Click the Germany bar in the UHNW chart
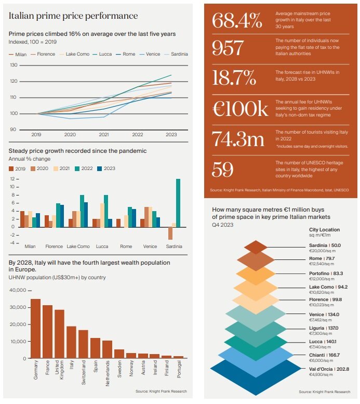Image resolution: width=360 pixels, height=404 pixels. coord(35,329)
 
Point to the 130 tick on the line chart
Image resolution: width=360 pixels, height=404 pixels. coord(14,65)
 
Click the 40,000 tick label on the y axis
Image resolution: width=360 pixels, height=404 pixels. coord(17,290)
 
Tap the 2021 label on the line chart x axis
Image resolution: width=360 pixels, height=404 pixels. coord(103,134)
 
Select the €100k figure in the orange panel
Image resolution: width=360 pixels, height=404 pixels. coord(240,109)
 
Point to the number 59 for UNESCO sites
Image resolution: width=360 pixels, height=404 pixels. coord(223,170)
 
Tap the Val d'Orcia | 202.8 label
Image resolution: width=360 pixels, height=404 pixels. coord(328,369)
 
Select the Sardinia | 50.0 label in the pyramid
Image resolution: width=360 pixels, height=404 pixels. coord(325,245)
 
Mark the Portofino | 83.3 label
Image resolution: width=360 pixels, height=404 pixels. coord(326,273)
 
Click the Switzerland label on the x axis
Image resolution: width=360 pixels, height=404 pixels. coord(84,371)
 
